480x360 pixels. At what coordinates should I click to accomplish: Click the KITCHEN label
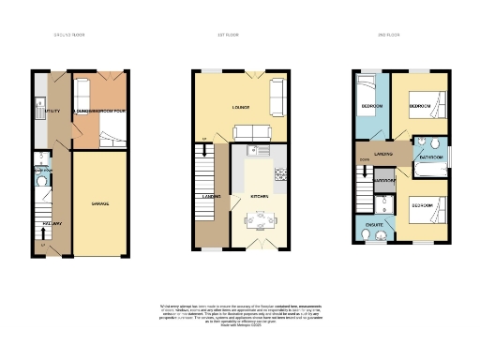pyautogui.click(x=260, y=196)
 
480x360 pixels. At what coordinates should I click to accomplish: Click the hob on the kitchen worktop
pyautogui.click(x=278, y=174)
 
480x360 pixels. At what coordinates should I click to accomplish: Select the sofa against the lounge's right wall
pyautogui.click(x=277, y=94)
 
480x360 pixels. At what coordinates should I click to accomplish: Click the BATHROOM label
pyautogui.click(x=431, y=157)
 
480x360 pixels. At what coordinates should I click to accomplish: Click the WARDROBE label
pyautogui.click(x=384, y=180)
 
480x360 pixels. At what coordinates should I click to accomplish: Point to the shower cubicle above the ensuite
pyautogui.click(x=382, y=203)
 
